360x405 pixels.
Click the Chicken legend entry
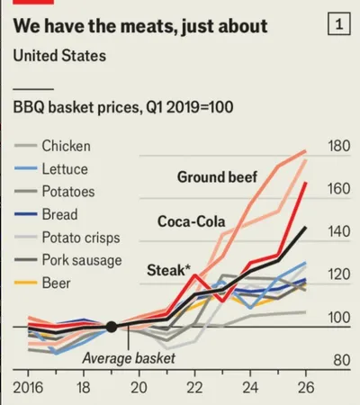click(52, 146)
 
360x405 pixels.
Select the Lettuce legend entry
click(51, 169)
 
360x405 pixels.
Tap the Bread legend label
click(59, 214)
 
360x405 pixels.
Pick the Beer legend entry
click(42, 283)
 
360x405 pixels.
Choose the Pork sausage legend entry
click(68, 260)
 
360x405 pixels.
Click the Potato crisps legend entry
click(67, 238)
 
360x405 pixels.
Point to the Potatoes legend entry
click(55, 192)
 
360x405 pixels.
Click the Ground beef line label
click(217, 177)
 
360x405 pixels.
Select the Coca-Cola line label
click(192, 221)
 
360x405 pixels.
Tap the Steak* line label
click(168, 270)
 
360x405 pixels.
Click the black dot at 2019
click(112, 327)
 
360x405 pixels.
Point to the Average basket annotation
click(129, 358)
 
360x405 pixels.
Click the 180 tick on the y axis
click(339, 146)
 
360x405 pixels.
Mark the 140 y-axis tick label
click(339, 232)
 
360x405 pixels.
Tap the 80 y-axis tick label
click(342, 360)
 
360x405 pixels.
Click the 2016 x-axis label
click(28, 388)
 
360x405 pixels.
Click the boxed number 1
click(339, 23)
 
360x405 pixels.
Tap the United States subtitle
click(59, 56)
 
